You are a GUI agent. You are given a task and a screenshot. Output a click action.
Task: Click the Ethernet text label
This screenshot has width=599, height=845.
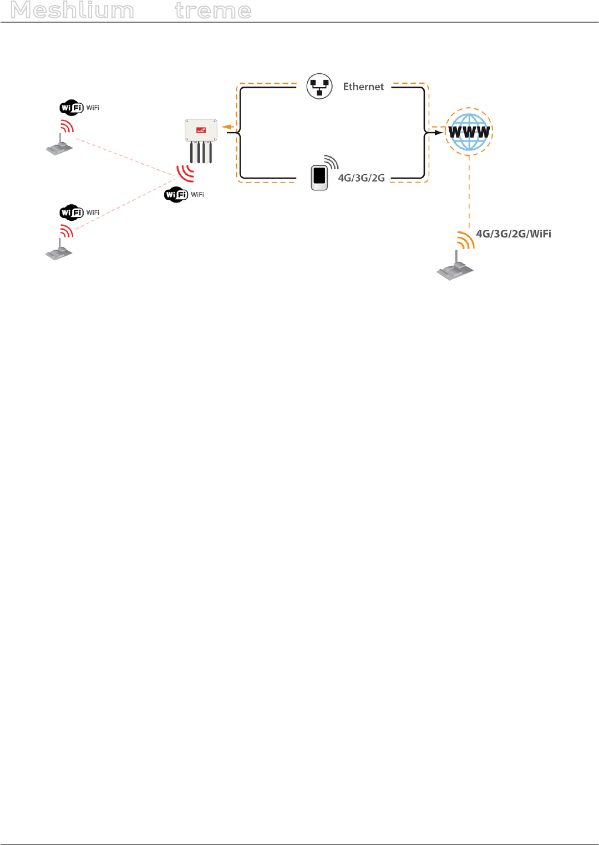point(363,87)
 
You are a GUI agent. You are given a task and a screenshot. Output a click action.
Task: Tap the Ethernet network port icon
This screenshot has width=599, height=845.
point(319,87)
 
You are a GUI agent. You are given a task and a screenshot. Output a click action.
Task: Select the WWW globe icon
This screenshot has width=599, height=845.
point(469,132)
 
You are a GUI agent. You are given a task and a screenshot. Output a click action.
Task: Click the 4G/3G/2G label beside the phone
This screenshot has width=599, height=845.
point(361,178)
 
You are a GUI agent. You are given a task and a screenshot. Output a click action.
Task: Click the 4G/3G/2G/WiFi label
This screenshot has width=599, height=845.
point(513,234)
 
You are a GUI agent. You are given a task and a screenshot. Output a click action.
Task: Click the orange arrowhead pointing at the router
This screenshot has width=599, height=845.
point(226,127)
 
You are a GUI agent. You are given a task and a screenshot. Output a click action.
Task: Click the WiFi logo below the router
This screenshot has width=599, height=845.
point(176,195)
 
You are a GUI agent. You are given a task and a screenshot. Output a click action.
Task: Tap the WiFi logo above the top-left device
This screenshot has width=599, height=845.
point(72,108)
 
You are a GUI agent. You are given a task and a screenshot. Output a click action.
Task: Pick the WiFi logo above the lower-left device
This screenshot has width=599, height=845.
point(72,212)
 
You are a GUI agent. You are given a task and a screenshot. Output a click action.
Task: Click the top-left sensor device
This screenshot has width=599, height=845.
point(59,146)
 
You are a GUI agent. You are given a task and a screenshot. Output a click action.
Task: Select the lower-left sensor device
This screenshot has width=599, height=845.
point(59,251)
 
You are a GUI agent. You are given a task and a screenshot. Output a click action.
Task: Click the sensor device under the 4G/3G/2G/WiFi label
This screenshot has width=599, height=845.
point(455,269)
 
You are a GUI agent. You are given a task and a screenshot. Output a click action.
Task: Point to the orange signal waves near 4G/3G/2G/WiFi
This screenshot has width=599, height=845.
point(465,240)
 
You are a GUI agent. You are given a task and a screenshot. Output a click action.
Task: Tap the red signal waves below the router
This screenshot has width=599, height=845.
point(185,174)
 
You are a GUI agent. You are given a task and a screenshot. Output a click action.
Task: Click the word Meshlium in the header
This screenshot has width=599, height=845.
point(72,11)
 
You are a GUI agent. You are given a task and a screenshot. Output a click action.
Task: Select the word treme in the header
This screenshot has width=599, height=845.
point(213,11)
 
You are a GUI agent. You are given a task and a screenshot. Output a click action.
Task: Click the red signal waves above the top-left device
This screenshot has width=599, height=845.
point(67,127)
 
